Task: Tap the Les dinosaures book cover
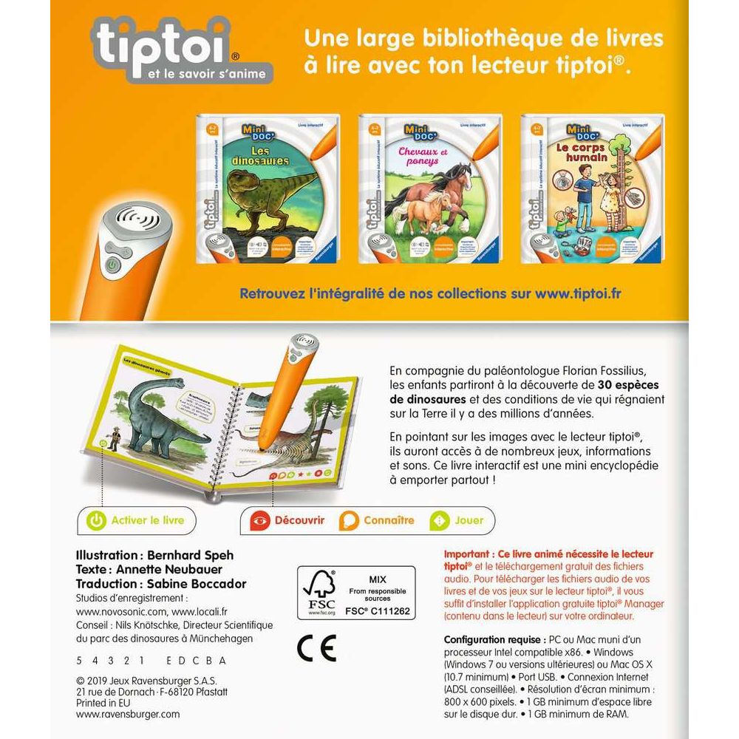point(265,188)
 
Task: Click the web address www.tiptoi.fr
point(579,293)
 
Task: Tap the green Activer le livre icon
point(96,520)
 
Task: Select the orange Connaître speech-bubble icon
point(348,521)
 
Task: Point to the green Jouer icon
point(440,521)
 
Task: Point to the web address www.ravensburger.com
point(128,715)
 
